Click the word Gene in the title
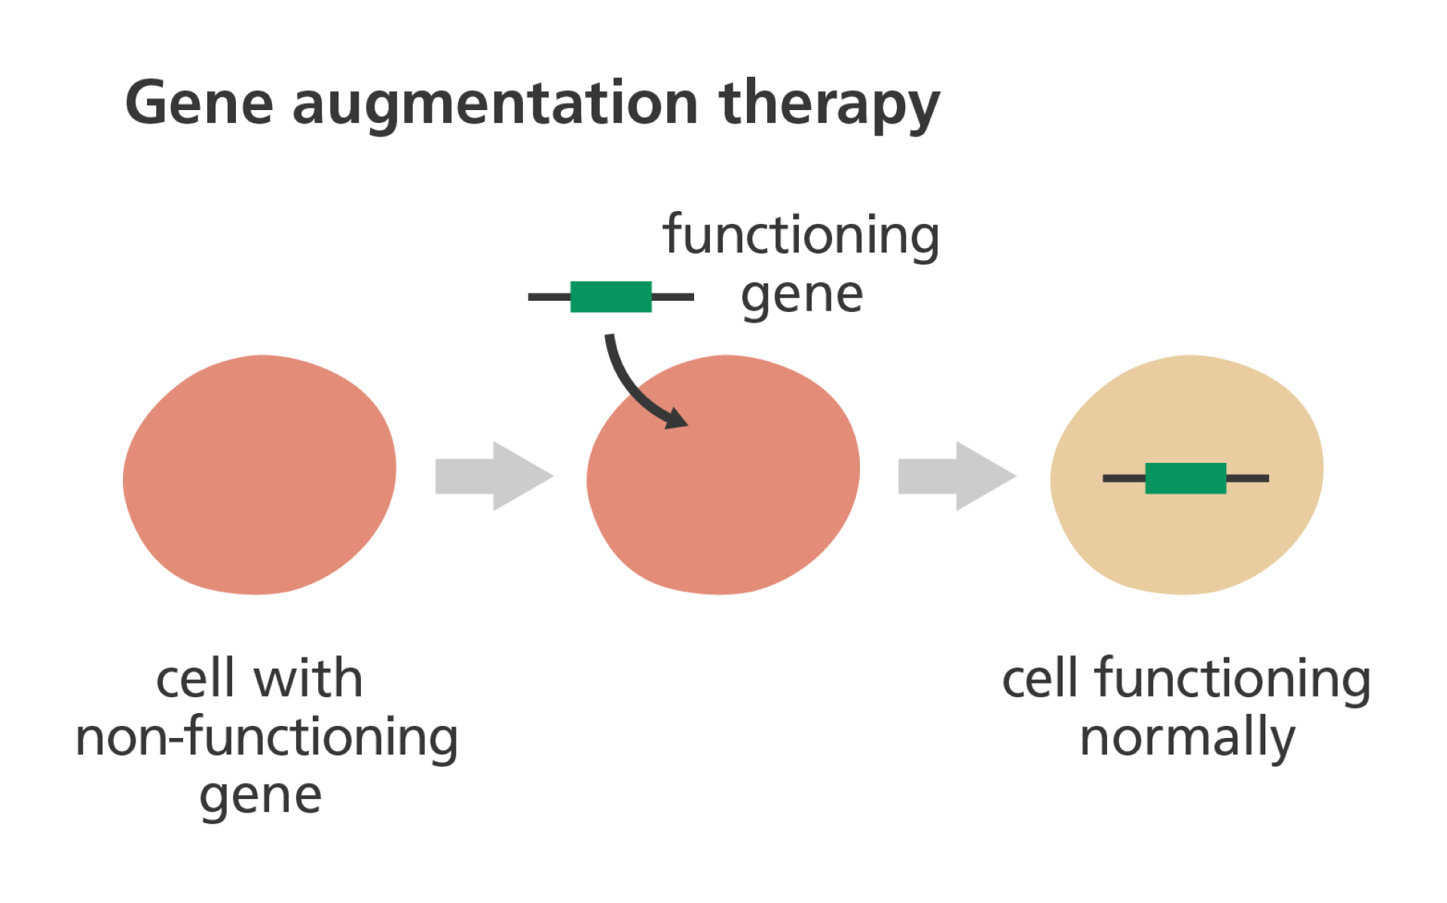[199, 103]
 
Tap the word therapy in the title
[829, 106]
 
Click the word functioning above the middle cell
[801, 236]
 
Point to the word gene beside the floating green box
[801, 295]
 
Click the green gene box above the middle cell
[610, 297]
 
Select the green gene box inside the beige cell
[1185, 478]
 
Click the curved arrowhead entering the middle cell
[676, 420]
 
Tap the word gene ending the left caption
[260, 796]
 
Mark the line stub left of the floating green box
[548, 297]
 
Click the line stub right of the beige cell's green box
[1248, 478]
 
